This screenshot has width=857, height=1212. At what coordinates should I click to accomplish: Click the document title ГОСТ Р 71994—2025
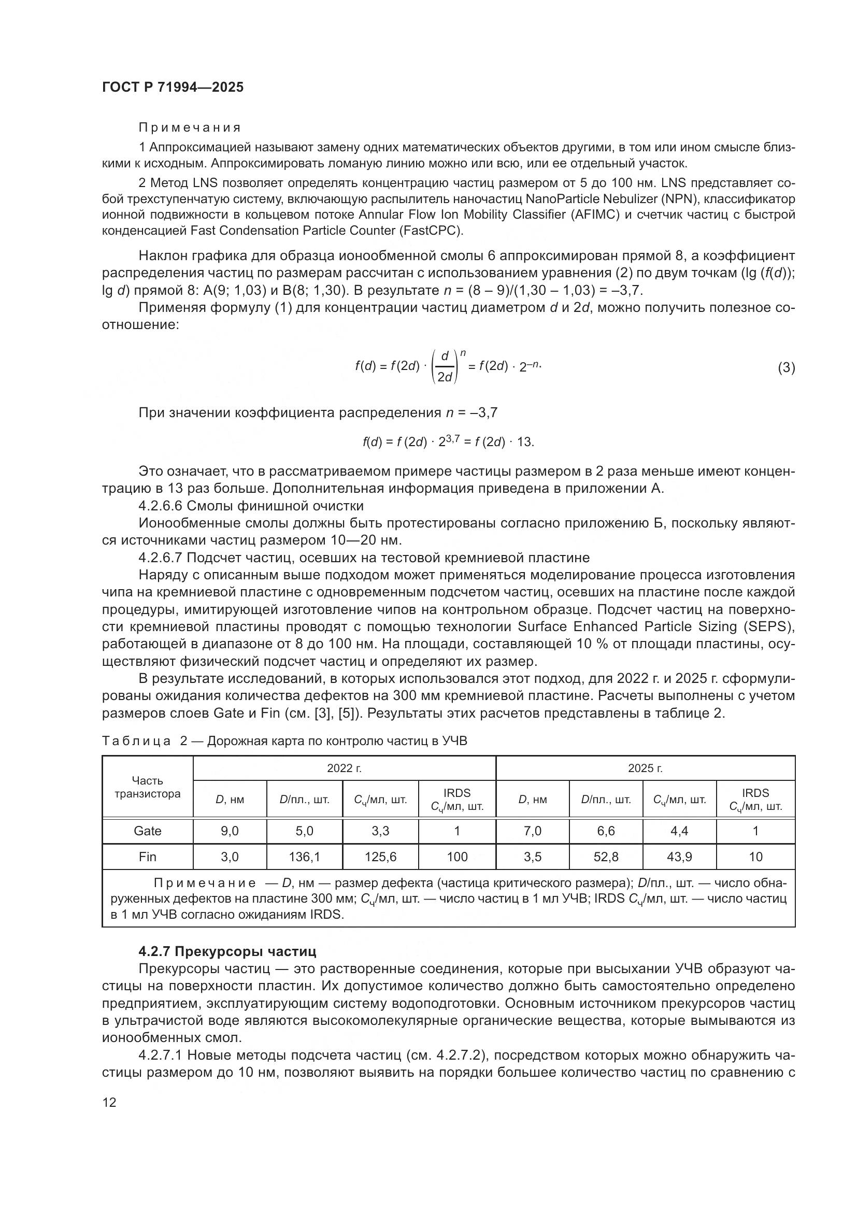click(173, 87)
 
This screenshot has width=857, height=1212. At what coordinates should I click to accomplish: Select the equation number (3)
click(787, 367)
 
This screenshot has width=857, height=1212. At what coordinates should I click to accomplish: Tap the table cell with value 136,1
click(305, 856)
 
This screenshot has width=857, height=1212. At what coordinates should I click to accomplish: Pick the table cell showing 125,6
click(380, 856)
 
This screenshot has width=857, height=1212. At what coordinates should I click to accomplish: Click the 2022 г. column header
click(344, 768)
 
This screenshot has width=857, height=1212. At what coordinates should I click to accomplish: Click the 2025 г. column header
click(645, 768)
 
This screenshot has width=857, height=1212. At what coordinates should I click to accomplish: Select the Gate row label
click(147, 830)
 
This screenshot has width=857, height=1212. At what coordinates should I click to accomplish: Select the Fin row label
click(147, 856)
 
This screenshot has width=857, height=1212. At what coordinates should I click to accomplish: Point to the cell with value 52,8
click(606, 856)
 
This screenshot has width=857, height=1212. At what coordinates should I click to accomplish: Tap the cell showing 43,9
click(679, 856)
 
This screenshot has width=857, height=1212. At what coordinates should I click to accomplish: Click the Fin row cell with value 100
click(457, 856)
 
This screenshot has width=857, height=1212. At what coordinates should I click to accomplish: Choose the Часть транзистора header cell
click(147, 787)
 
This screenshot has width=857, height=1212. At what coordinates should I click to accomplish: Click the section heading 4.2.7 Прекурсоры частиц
click(227, 951)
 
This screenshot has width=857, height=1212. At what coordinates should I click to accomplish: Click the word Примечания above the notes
click(190, 127)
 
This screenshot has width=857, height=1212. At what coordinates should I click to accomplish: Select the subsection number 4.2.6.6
click(160, 506)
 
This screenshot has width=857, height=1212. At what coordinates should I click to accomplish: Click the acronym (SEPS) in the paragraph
click(775, 626)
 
